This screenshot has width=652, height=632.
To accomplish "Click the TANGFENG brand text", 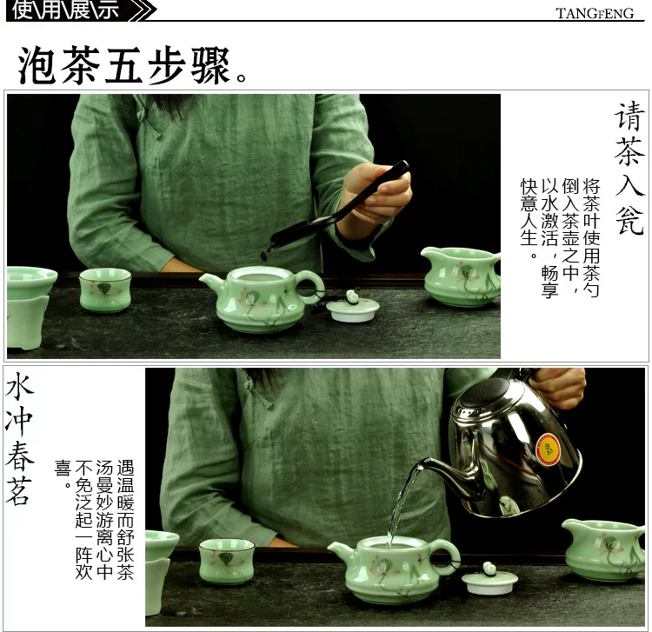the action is point(595,13).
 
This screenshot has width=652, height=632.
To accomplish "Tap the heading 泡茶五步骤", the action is point(132,66).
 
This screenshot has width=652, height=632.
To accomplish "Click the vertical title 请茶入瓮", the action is point(629,169).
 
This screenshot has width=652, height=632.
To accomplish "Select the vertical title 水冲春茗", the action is point(19,438).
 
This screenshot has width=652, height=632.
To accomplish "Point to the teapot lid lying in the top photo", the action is point(353,307).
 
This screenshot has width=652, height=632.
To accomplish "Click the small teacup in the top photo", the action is point(105,289).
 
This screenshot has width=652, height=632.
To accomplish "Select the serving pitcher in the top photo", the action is point(462,276).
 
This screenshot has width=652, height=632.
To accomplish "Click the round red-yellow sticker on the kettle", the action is point(549,450).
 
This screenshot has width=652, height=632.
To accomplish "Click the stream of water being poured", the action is point(400,503).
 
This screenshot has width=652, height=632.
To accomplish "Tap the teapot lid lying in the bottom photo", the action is point(490,578).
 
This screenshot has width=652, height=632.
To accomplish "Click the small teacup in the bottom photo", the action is point(227,561).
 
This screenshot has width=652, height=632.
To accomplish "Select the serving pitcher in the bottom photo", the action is point(603,549).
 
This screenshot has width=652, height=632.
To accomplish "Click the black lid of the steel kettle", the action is point(482,393).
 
